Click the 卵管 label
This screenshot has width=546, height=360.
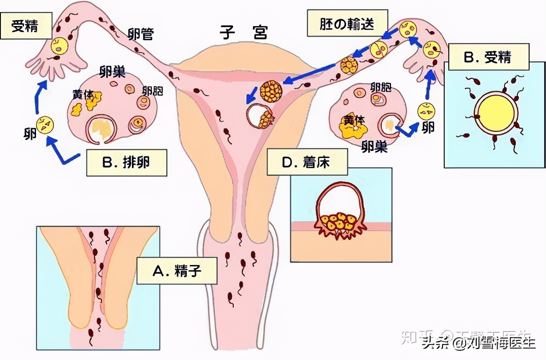(141, 34)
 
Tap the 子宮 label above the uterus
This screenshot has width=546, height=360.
(243, 32)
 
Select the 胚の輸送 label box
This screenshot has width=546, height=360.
(347, 24)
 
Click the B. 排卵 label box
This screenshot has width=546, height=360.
(126, 163)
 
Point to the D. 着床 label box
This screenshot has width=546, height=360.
(307, 163)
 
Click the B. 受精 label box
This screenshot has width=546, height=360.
(488, 57)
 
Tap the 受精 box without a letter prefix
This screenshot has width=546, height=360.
(25, 26)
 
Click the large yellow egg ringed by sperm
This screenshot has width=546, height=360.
(495, 114)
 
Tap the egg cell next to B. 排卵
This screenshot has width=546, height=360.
(45, 125)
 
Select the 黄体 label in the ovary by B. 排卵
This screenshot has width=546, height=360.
(83, 95)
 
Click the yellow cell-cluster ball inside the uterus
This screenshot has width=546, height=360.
(271, 91)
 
